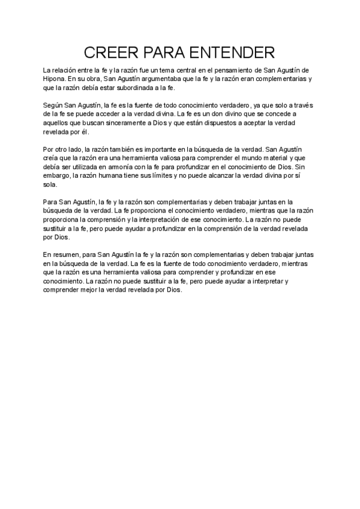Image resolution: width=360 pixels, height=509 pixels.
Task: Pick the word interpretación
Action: point(169,220)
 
